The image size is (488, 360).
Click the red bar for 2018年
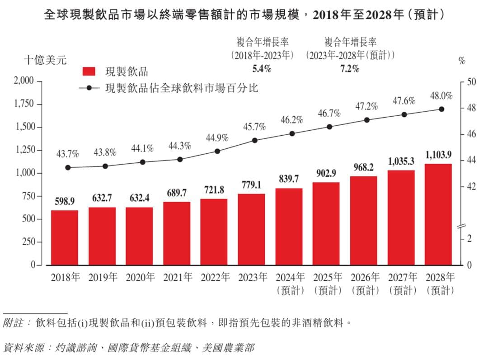64,237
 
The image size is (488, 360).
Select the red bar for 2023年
251,229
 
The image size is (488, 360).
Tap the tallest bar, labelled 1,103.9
438,214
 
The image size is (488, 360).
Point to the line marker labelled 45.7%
254,140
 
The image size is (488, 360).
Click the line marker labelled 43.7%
68,167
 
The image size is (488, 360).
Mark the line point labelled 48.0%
441,109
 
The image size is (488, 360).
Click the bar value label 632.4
139,198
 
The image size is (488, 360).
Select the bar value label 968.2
363,168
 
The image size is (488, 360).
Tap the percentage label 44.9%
217,138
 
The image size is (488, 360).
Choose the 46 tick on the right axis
469,135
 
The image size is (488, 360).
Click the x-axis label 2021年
176,277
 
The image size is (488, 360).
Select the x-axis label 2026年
363,277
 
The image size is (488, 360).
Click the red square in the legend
89,71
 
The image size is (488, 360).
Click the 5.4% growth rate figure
261,69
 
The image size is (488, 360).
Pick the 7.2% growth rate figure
349,69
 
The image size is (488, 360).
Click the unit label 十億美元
45,60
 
